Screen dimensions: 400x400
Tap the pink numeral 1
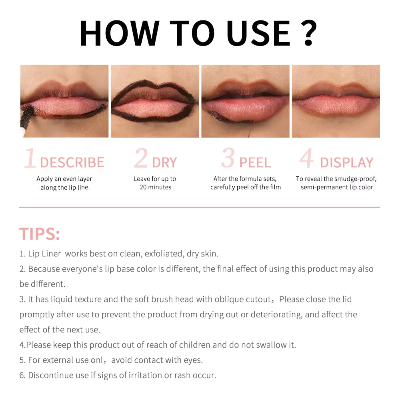point(30,158)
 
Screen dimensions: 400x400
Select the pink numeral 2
point(141,158)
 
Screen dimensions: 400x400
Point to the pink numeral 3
point(228,158)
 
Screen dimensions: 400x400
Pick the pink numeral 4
point(307,159)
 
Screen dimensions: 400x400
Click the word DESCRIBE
point(72,162)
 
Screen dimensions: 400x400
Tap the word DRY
point(164,162)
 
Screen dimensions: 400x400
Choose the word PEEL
point(255,162)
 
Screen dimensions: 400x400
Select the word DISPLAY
point(346,162)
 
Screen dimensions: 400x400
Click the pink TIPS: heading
point(40,234)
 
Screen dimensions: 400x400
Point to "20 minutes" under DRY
point(156,187)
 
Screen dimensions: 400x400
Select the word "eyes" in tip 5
point(193,360)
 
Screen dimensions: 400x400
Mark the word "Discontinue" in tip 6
point(52,375)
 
